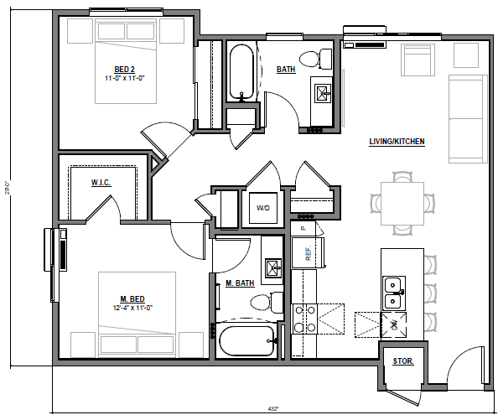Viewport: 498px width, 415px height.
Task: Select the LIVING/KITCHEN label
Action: (397, 143)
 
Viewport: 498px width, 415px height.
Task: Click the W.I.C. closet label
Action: (101, 182)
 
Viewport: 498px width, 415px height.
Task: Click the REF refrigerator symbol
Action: (308, 253)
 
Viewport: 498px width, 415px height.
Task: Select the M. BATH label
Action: (240, 283)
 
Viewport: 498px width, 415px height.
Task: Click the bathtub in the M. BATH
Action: (246, 341)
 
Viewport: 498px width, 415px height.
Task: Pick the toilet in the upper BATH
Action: (314, 58)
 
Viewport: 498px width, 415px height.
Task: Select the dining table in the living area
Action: (402, 202)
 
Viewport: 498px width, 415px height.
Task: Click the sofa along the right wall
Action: (468, 118)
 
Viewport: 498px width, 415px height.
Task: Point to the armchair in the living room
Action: (417, 60)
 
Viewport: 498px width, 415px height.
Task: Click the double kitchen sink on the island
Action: (391, 293)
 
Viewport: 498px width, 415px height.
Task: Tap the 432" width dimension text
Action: (272, 408)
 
